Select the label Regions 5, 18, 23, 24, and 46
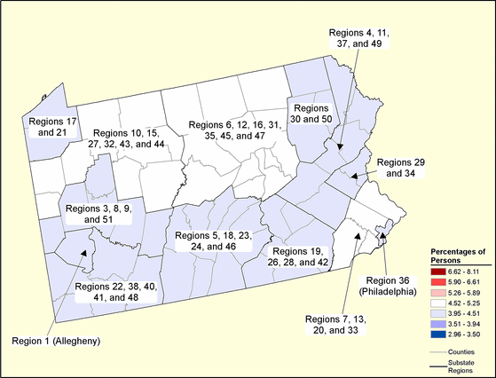tap(213, 241)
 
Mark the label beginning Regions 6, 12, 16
tap(229, 131)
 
